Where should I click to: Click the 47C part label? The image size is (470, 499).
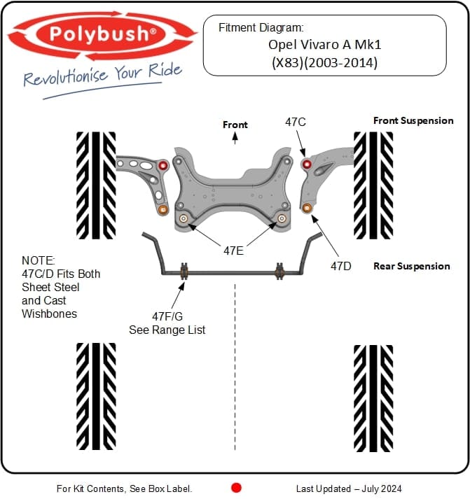[295, 122]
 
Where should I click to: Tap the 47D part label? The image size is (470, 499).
[342, 266]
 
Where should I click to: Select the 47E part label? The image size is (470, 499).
[234, 249]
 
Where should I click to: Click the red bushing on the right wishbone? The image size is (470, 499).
[306, 164]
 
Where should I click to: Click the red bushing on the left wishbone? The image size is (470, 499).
[163, 166]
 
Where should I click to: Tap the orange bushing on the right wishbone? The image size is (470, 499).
[307, 207]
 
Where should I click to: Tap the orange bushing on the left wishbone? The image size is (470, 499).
[163, 209]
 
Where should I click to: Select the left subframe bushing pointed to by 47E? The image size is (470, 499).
[184, 219]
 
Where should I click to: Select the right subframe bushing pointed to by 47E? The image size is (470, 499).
[282, 218]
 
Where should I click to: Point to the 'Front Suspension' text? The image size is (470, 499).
[413, 120]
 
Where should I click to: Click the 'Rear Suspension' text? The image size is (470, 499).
[411, 266]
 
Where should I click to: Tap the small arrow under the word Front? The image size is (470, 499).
[235, 139]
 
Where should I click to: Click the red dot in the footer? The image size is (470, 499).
[236, 488]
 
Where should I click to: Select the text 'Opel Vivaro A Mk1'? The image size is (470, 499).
[324, 44]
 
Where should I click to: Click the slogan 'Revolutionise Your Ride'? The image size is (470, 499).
[102, 73]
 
